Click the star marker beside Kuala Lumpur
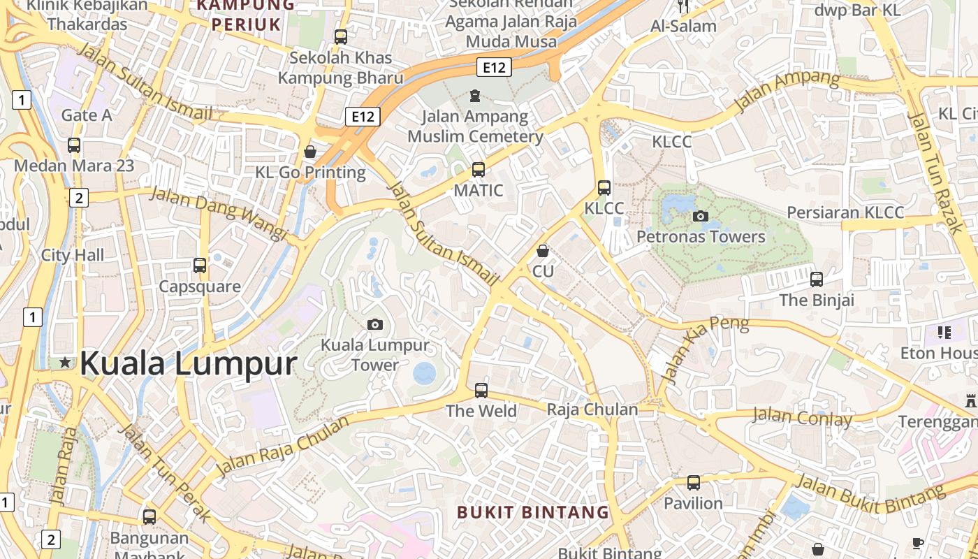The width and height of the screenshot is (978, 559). [x=65, y=362]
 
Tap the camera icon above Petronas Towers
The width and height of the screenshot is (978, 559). [x=700, y=216]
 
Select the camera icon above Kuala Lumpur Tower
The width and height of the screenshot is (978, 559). [x=375, y=324]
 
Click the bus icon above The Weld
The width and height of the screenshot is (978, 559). [x=481, y=391]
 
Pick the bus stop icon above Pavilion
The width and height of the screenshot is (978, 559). [x=693, y=483]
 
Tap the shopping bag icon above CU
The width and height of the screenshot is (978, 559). [x=543, y=250]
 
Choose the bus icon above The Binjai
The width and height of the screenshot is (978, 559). [x=816, y=279]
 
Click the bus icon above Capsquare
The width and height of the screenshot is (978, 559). [x=200, y=266]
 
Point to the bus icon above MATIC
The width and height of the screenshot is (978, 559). [x=479, y=169]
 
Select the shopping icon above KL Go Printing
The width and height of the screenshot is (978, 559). [x=310, y=152]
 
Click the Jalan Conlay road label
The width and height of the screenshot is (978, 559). [x=802, y=418]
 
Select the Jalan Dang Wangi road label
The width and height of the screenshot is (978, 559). [x=219, y=212]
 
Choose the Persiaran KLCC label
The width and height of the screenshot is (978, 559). [x=845, y=212]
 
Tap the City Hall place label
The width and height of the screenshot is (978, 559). [x=72, y=255]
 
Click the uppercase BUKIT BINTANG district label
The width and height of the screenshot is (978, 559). [x=533, y=512]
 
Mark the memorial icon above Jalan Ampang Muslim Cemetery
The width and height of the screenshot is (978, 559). [x=475, y=95]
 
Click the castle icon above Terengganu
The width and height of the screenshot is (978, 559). [x=970, y=401]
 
